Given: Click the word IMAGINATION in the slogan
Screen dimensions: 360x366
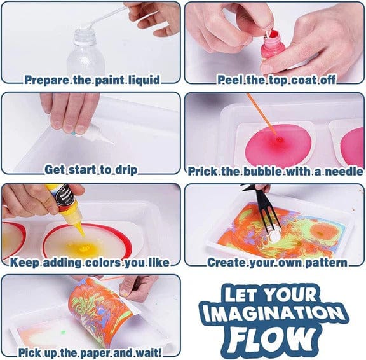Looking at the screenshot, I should tap(274, 314).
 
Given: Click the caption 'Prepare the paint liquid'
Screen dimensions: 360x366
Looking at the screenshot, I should tap(91, 80).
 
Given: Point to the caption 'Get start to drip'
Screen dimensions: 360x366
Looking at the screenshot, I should tap(91, 170).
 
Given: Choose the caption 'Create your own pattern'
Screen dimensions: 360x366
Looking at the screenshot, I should tap(278, 261).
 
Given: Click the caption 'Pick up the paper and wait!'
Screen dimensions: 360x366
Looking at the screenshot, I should tap(90, 352).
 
